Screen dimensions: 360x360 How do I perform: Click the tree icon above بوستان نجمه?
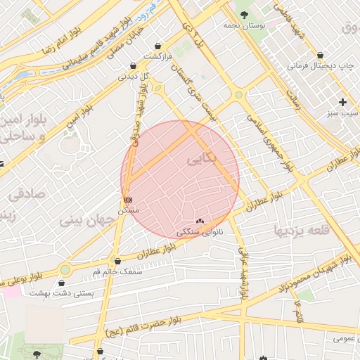[244, 14]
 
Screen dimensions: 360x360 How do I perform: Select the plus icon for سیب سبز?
[342, 102]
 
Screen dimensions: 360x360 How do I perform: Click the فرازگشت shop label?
[159, 56]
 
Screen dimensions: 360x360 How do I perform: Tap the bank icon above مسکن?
[127, 200]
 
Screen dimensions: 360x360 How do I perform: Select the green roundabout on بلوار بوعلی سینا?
[65, 269]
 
